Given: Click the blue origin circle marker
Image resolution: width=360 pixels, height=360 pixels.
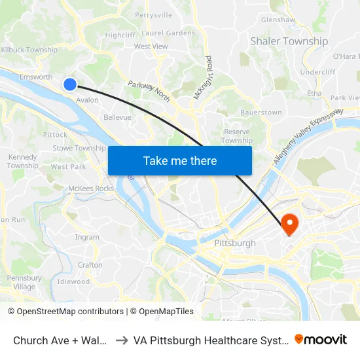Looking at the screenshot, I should point(70,84).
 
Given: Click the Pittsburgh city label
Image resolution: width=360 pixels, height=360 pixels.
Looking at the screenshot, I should point(235,243).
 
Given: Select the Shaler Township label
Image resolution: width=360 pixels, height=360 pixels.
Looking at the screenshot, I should point(289,41).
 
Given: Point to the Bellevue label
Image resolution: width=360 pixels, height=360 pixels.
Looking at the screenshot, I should point(117,118).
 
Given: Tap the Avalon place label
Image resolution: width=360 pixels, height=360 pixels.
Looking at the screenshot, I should point(88,100).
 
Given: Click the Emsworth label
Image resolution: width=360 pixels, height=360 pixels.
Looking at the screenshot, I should point(36,77).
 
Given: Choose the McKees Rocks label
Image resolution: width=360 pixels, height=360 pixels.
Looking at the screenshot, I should point(91,189).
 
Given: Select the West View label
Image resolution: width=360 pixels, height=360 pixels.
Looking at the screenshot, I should point(151,46).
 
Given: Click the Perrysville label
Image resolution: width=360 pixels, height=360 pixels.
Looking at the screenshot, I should point(153,14).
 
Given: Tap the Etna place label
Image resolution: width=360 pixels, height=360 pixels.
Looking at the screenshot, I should point(314,94).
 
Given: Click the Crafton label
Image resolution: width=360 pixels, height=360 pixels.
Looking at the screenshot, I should point(90,265).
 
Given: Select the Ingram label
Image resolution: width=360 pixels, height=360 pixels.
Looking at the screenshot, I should point(87,237).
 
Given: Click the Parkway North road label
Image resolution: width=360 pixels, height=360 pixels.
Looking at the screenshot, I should point(149,92).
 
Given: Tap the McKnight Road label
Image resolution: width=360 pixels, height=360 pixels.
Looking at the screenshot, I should point(202,78).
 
